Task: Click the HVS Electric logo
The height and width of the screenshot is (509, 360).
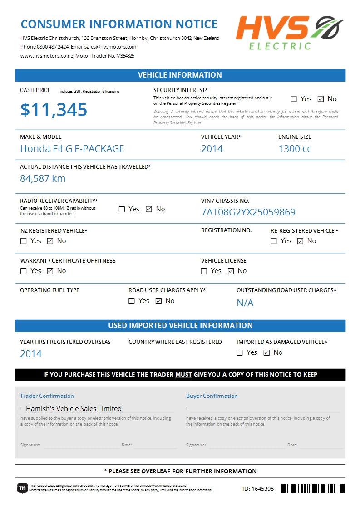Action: coord(290,33)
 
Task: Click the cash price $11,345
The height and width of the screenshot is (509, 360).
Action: coord(54,110)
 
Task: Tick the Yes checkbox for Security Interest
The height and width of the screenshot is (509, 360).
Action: coord(294,99)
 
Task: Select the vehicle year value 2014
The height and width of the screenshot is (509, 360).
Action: coord(212,149)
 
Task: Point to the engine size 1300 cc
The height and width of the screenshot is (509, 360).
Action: coord(295,149)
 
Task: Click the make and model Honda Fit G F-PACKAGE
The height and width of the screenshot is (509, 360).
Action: coord(72,149)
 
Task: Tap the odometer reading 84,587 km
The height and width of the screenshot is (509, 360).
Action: coord(43,179)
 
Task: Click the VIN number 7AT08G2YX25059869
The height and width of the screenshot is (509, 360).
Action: coord(248,212)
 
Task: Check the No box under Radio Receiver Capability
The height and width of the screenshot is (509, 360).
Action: coord(149,209)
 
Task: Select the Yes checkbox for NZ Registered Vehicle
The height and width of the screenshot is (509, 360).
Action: coord(24,241)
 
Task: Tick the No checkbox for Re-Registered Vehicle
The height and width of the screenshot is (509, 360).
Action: coord(300,241)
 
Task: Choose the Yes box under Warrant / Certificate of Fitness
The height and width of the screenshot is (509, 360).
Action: coord(24,271)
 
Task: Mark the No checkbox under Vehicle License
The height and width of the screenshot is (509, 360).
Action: coord(231,271)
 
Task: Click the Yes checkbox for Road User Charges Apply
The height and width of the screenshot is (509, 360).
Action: coord(132,301)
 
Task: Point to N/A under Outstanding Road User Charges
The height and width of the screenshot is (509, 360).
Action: coord(245,303)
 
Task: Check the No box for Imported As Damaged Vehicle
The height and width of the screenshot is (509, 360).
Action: coord(267,352)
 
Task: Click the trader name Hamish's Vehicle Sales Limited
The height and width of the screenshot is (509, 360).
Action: coord(74,408)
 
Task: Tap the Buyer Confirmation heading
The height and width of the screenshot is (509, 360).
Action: coord(212,396)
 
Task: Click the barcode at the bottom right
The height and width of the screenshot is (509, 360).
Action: coord(311,489)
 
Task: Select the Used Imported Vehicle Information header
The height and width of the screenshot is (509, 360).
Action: coord(180,325)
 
